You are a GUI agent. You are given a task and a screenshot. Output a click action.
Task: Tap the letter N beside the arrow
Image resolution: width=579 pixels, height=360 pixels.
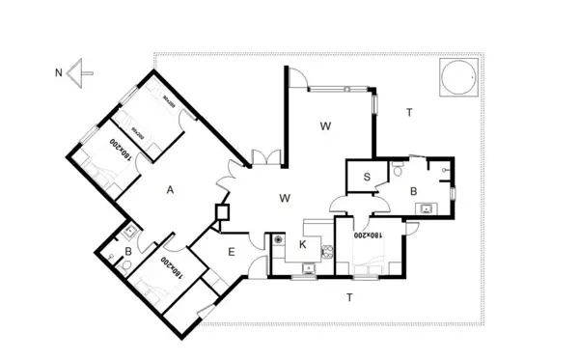coord(59,71)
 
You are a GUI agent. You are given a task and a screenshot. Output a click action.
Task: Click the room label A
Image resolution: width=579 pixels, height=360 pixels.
coord(170,190)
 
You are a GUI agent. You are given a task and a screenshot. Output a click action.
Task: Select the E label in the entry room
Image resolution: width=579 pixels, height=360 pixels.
coord(232,252)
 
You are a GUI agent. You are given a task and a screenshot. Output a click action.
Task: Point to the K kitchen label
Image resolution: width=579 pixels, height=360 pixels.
coord(302,244)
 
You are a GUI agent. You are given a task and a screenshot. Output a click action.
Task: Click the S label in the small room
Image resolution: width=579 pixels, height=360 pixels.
coord(368,177)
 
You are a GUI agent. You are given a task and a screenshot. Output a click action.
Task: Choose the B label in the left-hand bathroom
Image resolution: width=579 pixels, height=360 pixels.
coord(127,253)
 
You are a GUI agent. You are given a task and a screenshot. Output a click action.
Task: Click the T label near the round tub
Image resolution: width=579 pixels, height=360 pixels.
coord(409,113)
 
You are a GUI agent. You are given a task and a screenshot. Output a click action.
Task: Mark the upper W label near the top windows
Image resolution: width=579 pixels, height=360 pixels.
coord(326,125)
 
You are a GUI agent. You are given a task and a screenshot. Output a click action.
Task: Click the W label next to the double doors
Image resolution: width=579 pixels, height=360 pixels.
coord(285,198)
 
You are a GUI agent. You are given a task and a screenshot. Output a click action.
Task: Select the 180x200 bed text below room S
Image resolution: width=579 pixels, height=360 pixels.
coord(364,234)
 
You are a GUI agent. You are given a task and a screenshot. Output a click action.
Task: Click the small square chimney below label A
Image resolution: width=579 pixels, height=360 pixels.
coord(221,213)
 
